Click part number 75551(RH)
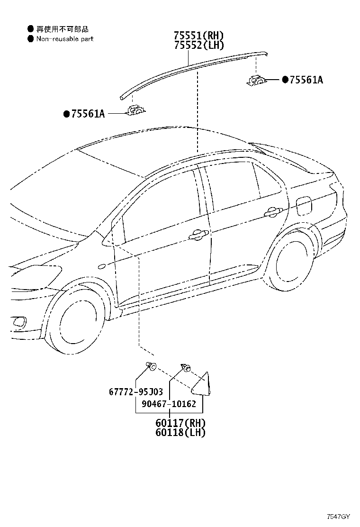(x=198, y=35)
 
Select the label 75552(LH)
(x=198, y=45)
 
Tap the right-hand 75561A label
(x=306, y=80)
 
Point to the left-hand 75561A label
(x=88, y=114)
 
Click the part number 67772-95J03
(x=135, y=391)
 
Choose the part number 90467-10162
(x=169, y=404)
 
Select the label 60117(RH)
(x=180, y=423)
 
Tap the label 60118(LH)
(x=180, y=432)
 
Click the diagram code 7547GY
(x=339, y=517)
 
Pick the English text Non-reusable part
(x=65, y=39)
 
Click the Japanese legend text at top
(x=63, y=29)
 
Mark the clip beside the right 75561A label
(x=256, y=81)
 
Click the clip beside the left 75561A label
(x=135, y=110)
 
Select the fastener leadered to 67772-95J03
(x=151, y=366)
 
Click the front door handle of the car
(x=199, y=236)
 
